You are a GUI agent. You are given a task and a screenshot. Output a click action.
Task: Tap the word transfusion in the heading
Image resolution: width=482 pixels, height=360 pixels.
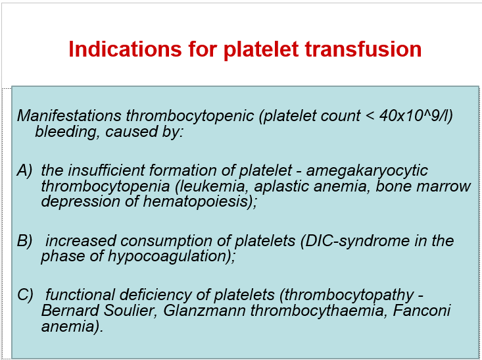click(x=365, y=49)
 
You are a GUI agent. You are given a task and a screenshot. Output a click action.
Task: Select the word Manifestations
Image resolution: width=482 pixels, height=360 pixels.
click(x=68, y=116)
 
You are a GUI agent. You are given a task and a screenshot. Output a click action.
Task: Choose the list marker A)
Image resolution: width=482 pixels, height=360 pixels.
click(x=24, y=171)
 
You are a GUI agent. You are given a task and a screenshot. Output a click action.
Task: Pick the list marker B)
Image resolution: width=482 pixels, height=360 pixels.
click(x=24, y=241)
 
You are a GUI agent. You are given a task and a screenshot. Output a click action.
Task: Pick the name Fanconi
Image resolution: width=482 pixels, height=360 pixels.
click(x=424, y=311)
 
